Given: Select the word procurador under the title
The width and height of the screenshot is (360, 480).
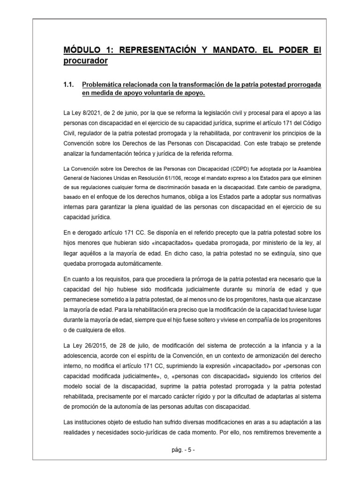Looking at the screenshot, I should [85, 61].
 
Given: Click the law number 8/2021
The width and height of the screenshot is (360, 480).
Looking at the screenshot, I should [86, 113].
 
